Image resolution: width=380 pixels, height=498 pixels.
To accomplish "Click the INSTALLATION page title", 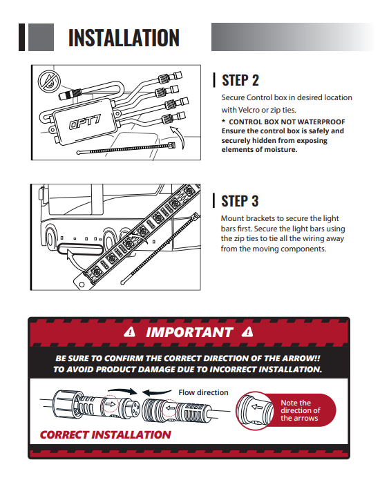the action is pos(124,38).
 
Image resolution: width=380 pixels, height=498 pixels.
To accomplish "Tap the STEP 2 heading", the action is pos(240,80).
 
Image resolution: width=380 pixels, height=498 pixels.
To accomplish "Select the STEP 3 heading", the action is pos(240,201).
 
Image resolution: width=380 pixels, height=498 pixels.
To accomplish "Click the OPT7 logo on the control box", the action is pos(85,122).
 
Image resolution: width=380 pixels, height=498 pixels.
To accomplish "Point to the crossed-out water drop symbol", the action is pos(49,81).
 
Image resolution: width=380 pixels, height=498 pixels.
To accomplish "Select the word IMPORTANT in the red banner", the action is pos(190,332).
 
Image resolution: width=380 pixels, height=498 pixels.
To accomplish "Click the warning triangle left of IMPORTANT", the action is pos(129,332).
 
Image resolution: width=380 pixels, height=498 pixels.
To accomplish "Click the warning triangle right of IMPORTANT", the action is pos(247,332).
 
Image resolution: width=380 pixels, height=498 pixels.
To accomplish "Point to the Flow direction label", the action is pos(203,392).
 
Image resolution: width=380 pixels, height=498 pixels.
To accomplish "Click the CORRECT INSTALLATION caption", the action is pos(106,434).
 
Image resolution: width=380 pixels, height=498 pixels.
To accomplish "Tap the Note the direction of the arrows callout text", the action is pos(301,410).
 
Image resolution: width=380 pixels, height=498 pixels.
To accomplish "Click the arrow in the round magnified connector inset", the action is pos(257,407).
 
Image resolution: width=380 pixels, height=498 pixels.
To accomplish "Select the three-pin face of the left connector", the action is pos(134,408).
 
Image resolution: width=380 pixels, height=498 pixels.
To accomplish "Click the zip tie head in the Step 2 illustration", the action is pos(171,146).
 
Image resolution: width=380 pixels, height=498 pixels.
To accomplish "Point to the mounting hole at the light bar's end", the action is pos(82,285).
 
